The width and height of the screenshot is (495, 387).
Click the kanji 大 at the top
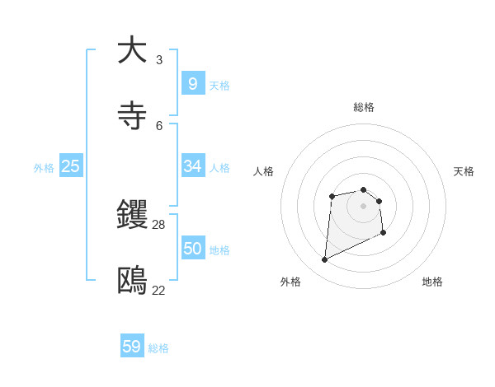click(132, 50)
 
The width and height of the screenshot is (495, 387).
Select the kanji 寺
click(132, 116)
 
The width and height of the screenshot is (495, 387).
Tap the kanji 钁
click(132, 215)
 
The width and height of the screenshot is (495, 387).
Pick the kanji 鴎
click(132, 282)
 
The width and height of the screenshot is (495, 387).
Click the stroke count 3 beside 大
click(159, 59)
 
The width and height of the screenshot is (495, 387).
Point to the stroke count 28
click(159, 224)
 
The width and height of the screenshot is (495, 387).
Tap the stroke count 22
click(159, 290)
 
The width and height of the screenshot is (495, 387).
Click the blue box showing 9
click(192, 83)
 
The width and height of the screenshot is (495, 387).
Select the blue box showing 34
click(192, 166)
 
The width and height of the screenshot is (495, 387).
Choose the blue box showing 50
click(192, 249)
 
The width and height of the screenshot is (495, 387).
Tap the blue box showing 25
click(70, 166)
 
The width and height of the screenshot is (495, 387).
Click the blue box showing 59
click(132, 347)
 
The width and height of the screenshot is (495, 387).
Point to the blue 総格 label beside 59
click(159, 348)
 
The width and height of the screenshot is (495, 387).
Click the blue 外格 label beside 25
click(44, 168)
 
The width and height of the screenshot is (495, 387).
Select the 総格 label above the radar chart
click(364, 107)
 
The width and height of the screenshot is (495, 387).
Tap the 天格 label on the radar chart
click(464, 171)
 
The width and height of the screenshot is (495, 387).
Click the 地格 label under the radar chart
click(432, 282)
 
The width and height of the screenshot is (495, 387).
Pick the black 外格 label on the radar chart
click(290, 282)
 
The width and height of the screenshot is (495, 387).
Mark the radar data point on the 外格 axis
click(324, 260)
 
